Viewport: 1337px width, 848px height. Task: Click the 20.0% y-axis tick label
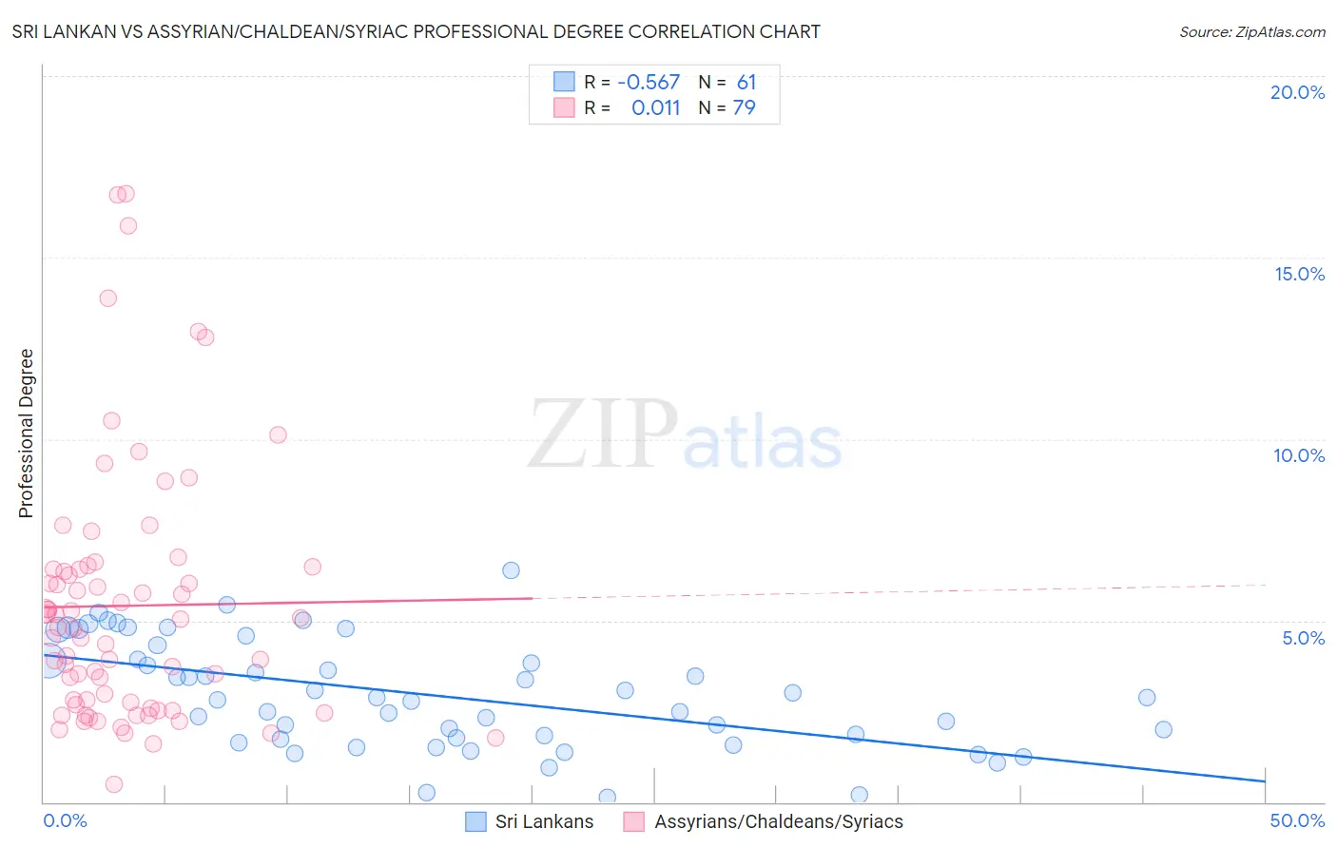[x=1297, y=92]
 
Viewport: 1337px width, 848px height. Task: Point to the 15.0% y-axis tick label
[x=1299, y=274]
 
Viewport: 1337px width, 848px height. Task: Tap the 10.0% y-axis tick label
[x=1299, y=455]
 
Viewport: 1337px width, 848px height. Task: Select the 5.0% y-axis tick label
[x=1303, y=638]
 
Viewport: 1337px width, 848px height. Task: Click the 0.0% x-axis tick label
[x=65, y=820]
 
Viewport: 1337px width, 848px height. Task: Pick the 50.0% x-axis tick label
[x=1297, y=820]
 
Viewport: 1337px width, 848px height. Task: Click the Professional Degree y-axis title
[x=26, y=434]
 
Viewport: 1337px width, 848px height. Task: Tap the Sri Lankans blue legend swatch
[x=475, y=821]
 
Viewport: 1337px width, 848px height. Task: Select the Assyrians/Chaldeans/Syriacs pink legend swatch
[x=634, y=821]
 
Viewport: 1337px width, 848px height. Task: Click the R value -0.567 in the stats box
[x=649, y=83]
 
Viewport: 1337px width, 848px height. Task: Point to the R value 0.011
[x=655, y=108]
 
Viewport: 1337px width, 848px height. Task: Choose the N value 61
[x=746, y=83]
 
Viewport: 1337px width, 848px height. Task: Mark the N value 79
[x=745, y=108]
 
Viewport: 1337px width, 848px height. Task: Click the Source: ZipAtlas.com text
[x=1251, y=32]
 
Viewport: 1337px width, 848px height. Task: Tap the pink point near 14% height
[x=108, y=298]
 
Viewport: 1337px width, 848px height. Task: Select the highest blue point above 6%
[x=511, y=570]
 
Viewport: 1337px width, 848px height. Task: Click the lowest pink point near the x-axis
[x=114, y=784]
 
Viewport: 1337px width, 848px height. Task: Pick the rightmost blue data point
[x=1163, y=729]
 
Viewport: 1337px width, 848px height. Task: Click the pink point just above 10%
[x=278, y=434]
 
